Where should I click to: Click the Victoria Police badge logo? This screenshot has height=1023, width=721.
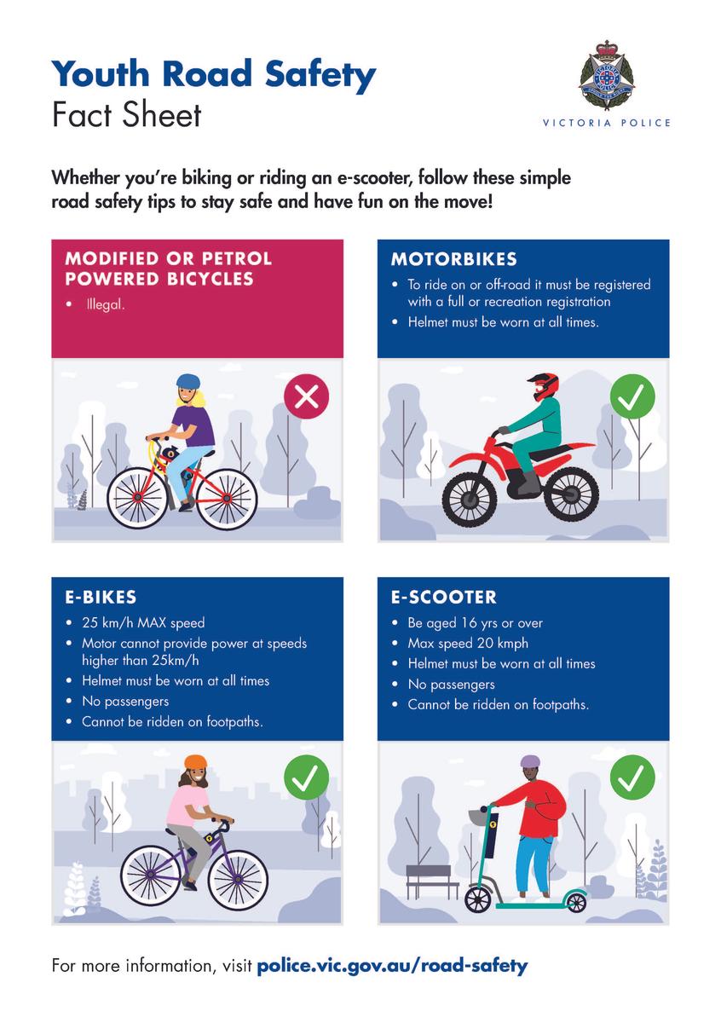point(607,75)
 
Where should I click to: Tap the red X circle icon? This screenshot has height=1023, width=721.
point(307,396)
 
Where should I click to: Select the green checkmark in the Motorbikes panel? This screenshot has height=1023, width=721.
point(632,396)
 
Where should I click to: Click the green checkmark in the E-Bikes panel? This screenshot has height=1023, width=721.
point(307,777)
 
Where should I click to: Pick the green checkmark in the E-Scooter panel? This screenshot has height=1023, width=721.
point(632,777)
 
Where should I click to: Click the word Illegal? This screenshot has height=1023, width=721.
point(106,304)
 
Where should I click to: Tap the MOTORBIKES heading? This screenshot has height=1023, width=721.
point(454,259)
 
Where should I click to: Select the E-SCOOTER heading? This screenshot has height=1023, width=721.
point(443,598)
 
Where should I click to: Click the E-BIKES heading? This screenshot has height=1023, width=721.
point(101,598)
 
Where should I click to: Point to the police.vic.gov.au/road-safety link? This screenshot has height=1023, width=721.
point(392,965)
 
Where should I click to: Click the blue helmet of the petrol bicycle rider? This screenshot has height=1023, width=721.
point(188,381)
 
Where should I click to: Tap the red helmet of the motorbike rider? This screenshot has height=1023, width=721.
point(545,386)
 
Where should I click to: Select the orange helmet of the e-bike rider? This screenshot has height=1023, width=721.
point(195,761)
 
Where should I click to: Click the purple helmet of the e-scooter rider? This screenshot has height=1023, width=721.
point(530,761)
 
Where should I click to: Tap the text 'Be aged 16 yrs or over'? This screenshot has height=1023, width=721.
point(475,623)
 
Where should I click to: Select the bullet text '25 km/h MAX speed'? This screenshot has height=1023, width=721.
point(143,623)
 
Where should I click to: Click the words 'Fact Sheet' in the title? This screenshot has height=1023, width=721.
point(126,115)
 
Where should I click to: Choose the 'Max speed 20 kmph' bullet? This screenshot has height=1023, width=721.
point(468,643)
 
